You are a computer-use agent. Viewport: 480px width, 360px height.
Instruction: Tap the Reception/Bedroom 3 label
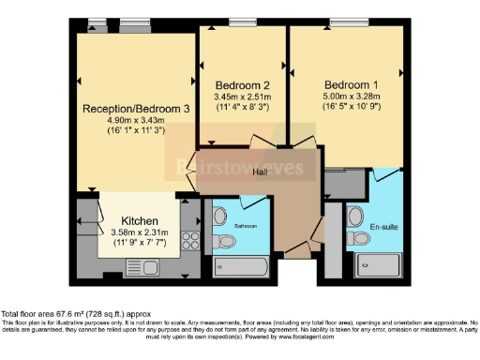point(136,109)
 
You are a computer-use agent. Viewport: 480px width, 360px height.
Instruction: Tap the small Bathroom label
point(246,227)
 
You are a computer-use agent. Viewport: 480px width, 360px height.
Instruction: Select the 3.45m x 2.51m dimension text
point(243,96)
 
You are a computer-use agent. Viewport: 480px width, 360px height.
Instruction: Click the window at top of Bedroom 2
point(244,22)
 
